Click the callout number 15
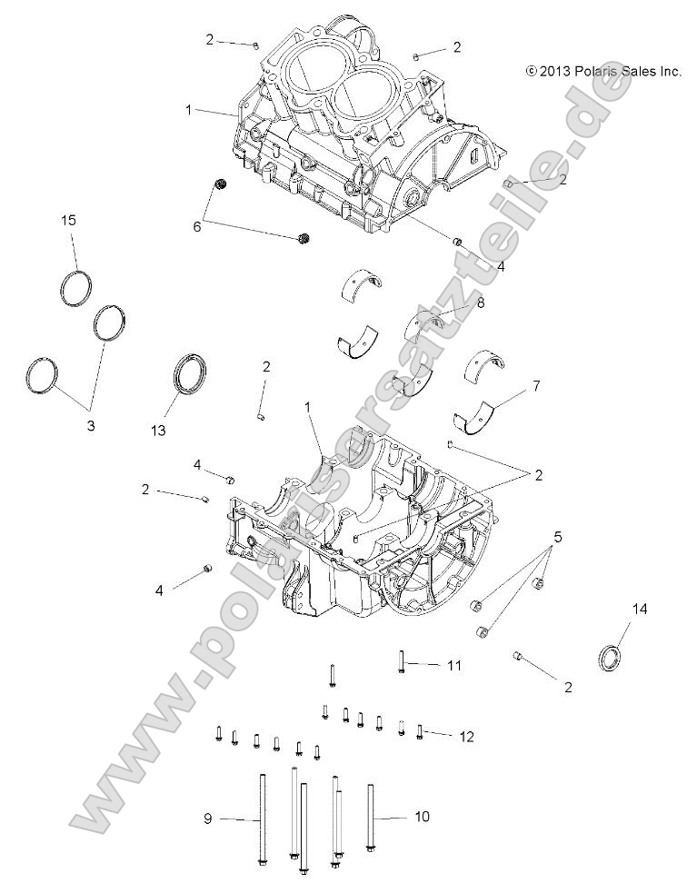tap(67, 221)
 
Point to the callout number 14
tap(640, 610)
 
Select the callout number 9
tap(208, 818)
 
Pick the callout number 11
tap(453, 666)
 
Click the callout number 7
tap(535, 386)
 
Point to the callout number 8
tap(480, 303)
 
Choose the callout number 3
tap(90, 425)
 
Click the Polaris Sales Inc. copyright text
tap(602, 70)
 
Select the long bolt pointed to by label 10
tap(371, 818)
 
